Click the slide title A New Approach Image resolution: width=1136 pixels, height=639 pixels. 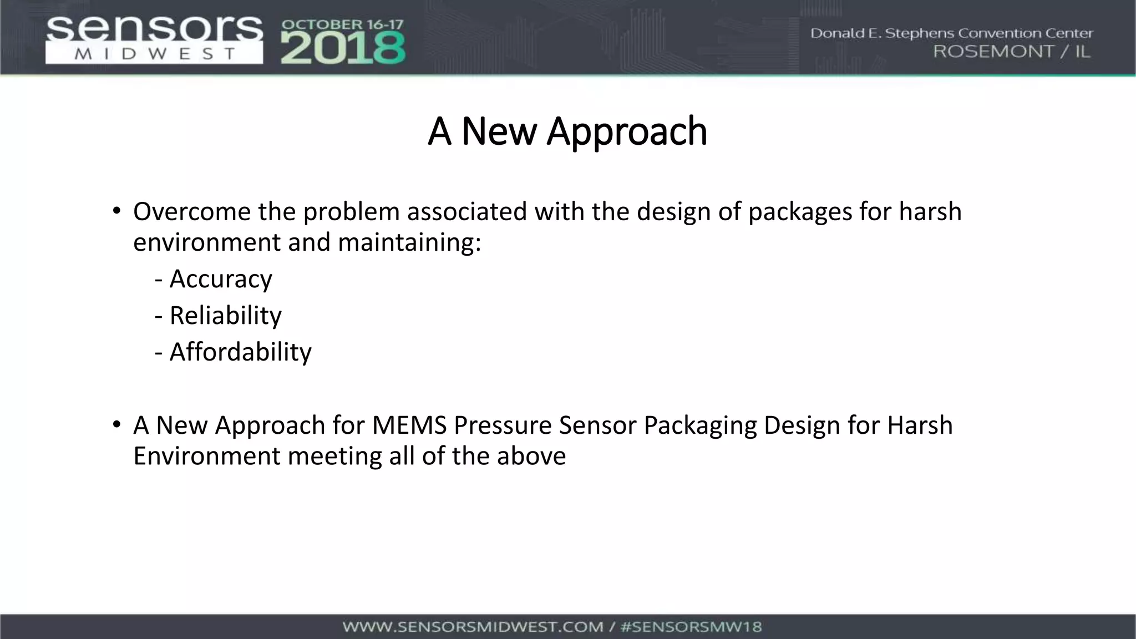(x=567, y=131)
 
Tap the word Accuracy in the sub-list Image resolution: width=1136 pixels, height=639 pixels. (x=220, y=278)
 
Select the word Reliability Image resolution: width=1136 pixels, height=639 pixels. (x=225, y=315)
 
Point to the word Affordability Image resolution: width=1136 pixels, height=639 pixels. (x=240, y=352)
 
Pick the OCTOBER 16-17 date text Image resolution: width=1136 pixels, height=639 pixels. (x=343, y=25)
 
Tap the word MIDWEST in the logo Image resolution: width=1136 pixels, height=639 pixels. (x=154, y=54)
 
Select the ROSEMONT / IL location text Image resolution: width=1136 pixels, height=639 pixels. (x=1012, y=52)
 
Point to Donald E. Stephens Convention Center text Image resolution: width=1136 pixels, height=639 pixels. (x=951, y=33)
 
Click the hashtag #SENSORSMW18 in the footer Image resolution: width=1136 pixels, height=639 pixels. (x=691, y=627)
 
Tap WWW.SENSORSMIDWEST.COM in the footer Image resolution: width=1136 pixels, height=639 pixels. (x=473, y=627)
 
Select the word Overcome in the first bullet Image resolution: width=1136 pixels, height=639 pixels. (x=192, y=212)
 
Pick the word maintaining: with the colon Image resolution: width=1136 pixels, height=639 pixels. (x=409, y=242)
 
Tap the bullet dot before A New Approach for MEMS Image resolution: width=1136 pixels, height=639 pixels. (x=116, y=425)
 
